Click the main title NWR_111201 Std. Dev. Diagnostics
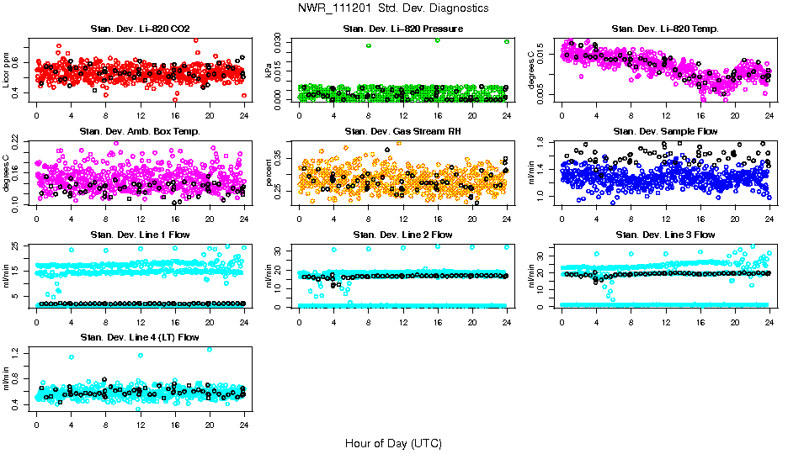point(393,8)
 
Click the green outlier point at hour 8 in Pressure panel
point(368,45)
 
